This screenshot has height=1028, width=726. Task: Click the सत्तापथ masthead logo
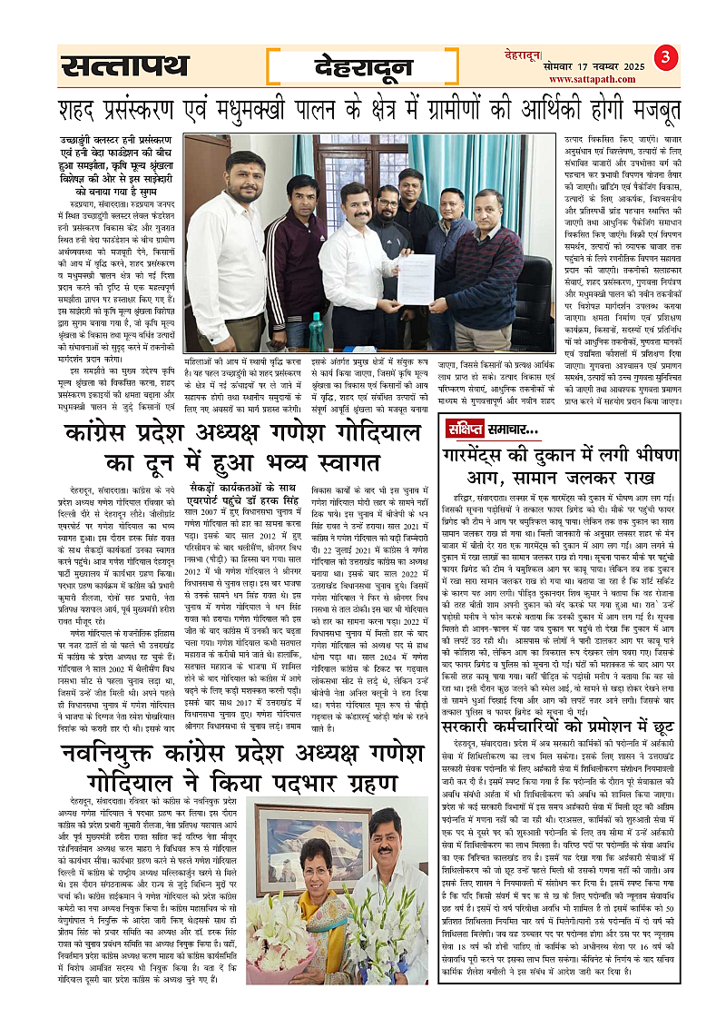pos(126,66)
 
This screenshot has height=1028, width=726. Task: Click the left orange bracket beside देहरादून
pos(274,65)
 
